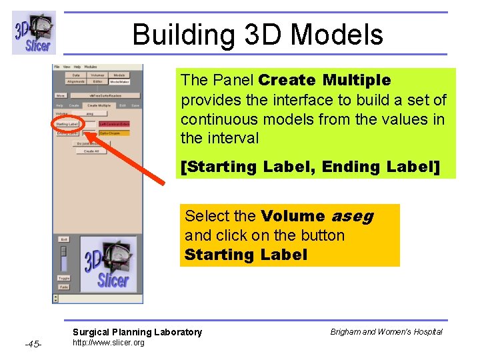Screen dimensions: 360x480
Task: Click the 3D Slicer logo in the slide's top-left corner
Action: pos(34,33)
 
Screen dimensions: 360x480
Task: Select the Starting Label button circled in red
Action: pos(67,124)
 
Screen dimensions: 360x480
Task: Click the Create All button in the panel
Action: pos(91,151)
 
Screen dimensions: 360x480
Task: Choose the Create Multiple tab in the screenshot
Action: pos(98,105)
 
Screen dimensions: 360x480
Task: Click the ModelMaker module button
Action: pos(120,81)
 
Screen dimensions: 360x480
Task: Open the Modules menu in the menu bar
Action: pos(90,67)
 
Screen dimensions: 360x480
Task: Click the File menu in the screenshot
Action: pos(57,67)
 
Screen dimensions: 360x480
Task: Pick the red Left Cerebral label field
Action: pos(114,124)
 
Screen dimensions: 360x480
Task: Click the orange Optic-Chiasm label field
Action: pos(114,133)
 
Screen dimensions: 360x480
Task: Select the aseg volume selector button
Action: pos(89,114)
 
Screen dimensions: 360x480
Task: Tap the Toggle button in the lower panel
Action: pos(64,278)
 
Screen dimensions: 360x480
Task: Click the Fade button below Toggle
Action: pos(64,287)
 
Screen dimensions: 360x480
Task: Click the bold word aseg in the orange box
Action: pos(352,216)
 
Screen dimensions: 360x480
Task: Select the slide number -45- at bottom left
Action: pos(33,344)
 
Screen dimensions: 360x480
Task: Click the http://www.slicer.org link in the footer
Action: pos(108,343)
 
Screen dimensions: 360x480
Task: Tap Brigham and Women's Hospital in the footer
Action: pos(396,332)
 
